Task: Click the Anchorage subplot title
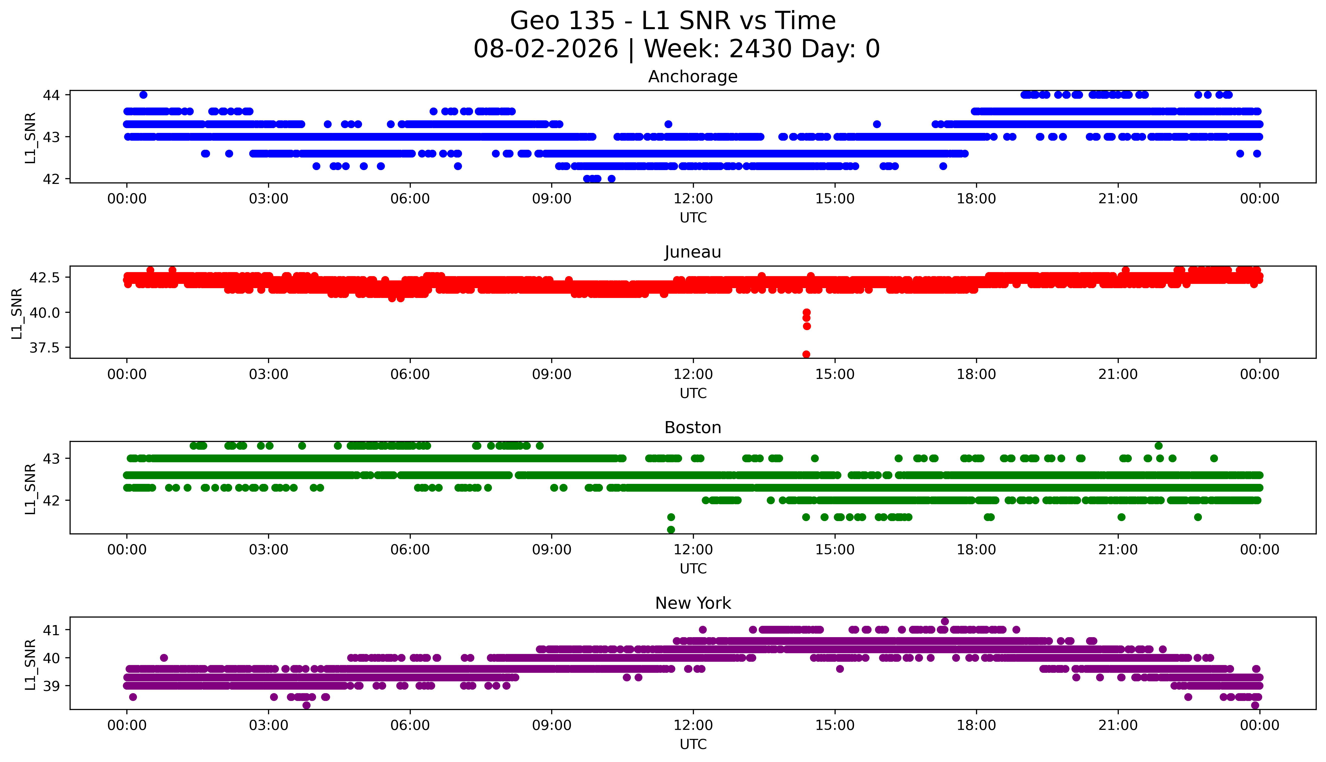coord(693,77)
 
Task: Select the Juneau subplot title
coord(693,252)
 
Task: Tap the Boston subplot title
coord(693,428)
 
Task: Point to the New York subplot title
coord(693,603)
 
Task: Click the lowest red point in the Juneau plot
coord(806,354)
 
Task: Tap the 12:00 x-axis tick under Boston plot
coord(693,550)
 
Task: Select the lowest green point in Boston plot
coord(671,530)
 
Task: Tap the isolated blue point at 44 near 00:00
coord(143,95)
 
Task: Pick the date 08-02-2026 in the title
coord(546,49)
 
